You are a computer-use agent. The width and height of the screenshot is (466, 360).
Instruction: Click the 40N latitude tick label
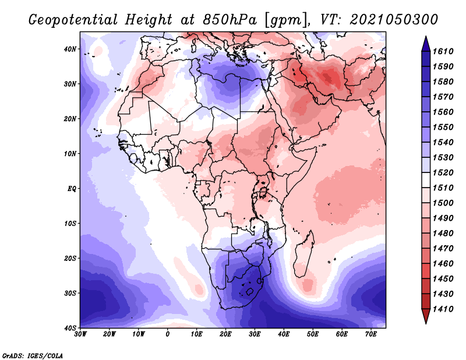70,49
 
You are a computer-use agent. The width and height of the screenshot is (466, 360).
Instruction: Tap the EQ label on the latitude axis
72,189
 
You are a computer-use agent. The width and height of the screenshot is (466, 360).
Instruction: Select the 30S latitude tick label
70,294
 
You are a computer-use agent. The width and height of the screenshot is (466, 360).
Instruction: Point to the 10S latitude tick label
70,224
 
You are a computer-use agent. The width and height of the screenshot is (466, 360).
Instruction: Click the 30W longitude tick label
80,334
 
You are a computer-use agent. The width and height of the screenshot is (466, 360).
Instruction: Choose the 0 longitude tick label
168,334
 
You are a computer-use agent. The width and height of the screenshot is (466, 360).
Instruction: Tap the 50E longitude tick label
313,334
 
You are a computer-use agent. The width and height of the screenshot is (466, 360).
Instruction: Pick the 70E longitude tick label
371,334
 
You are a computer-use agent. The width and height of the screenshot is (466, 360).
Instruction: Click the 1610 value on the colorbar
443,51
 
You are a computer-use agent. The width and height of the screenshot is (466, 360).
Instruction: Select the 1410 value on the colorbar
443,309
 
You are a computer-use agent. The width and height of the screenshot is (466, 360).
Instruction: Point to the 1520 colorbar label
443,172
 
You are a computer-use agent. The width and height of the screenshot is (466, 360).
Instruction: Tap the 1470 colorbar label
443,249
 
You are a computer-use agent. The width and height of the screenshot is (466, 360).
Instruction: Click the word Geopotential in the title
73,20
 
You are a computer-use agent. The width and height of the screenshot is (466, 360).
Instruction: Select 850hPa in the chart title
230,20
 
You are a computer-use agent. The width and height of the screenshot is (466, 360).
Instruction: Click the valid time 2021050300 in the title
394,20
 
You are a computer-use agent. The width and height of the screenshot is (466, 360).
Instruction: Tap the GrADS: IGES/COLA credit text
33,355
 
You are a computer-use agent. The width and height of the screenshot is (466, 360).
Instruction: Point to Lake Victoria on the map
263,193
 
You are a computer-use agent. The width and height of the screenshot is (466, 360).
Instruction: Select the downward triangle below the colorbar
426,316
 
